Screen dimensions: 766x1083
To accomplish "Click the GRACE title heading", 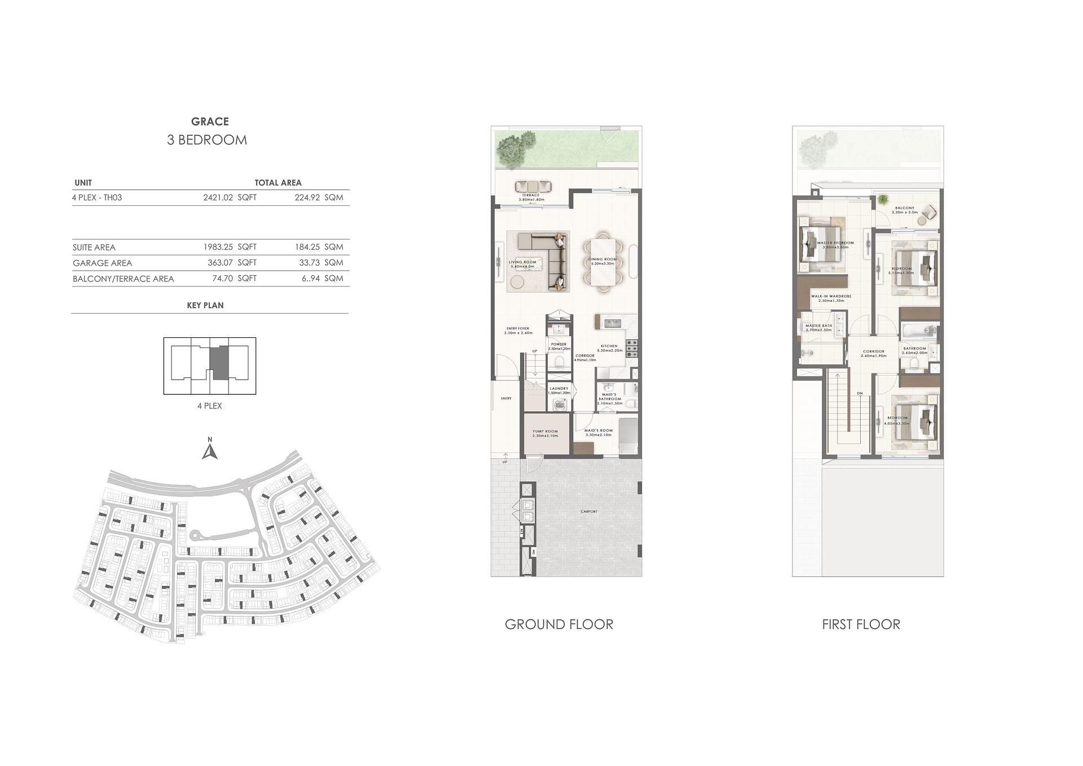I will pos(210,121).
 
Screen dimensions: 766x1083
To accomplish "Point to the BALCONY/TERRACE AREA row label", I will pos(123,279).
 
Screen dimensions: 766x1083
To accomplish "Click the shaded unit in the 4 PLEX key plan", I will pos(219,362).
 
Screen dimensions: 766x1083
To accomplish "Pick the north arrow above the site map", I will pos(210,451).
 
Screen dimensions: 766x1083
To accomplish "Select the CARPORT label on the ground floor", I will pos(588,512).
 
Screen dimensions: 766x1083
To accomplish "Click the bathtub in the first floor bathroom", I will pos(917,331).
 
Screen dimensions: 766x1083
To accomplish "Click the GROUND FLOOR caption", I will pos(558,624).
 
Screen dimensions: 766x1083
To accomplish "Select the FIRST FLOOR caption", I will pos(861,624).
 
